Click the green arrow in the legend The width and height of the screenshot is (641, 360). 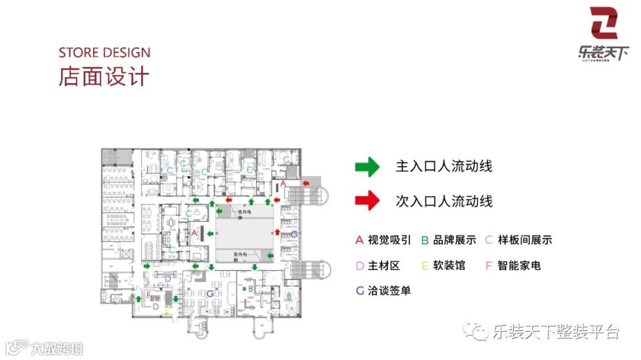point(367,167)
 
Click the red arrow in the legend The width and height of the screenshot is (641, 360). point(367,200)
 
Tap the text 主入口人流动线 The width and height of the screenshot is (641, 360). point(444,167)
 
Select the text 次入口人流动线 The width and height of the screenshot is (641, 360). point(444,201)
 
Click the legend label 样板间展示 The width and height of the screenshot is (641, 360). point(525,240)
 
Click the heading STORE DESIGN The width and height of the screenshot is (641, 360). point(104,52)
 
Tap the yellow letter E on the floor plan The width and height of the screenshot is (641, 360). point(167,311)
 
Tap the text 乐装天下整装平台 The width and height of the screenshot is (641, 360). point(555,332)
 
